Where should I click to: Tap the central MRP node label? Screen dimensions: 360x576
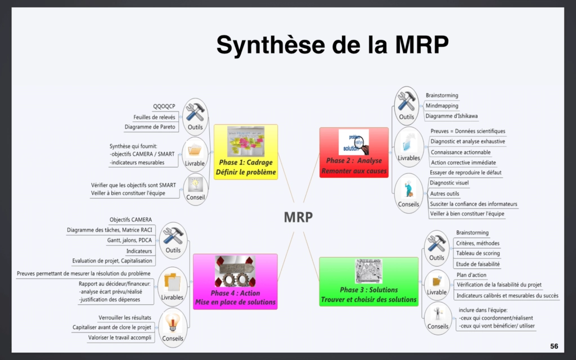298,217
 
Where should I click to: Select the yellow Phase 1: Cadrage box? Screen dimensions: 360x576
246,152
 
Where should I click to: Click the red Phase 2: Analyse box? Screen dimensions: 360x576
354,152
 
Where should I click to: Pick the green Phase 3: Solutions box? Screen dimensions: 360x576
368,282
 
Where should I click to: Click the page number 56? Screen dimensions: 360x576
554,345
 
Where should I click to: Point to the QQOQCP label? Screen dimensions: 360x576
164,106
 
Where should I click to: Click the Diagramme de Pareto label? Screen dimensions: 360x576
150,127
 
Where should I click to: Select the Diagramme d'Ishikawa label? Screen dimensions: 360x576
452,116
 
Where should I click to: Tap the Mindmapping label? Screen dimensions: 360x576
442,106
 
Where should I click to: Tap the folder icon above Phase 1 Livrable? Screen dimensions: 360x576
195,150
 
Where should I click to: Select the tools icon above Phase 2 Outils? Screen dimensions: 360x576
406,101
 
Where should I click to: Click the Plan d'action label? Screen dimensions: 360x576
471,275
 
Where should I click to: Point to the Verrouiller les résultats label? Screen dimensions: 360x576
125,317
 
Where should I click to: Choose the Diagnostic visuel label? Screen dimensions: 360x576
449,183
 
